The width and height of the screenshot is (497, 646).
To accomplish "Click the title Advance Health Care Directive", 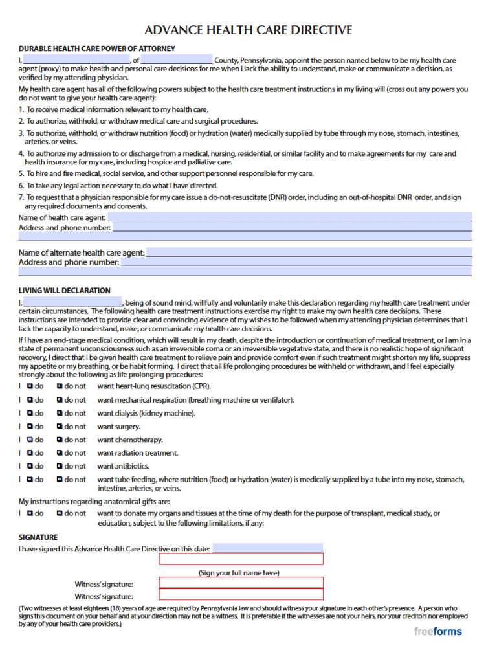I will [x=248, y=30].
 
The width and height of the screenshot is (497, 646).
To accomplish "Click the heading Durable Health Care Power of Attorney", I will [x=97, y=49].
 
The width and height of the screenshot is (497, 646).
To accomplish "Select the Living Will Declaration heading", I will [x=65, y=291].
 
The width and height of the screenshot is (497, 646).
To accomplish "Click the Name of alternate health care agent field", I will [x=309, y=252].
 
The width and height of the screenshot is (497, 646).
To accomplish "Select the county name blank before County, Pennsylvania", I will [x=176, y=60].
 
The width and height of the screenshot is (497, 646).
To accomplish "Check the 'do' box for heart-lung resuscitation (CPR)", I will [x=30, y=386].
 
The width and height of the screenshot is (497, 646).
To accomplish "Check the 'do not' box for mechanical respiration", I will [x=60, y=400].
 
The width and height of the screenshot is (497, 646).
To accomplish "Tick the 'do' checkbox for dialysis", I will [x=30, y=413].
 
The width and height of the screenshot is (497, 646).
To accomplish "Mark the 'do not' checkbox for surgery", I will [x=60, y=427].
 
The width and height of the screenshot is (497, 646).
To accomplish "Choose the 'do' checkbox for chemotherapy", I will [x=30, y=440].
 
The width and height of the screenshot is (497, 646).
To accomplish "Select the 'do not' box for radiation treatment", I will [x=60, y=453].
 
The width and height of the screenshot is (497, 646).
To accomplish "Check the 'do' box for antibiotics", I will [x=30, y=466].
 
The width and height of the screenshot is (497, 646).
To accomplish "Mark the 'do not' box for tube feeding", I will [x=60, y=480].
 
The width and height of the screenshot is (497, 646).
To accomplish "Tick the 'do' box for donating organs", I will [x=30, y=513].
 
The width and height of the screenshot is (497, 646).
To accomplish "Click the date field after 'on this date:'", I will [x=267, y=549].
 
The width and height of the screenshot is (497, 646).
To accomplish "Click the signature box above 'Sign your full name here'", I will [x=241, y=559].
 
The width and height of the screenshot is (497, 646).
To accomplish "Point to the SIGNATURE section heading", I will [x=38, y=537].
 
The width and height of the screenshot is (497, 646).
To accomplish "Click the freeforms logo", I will [x=438, y=631].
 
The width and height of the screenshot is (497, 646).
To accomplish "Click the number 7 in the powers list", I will [x=21, y=197].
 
